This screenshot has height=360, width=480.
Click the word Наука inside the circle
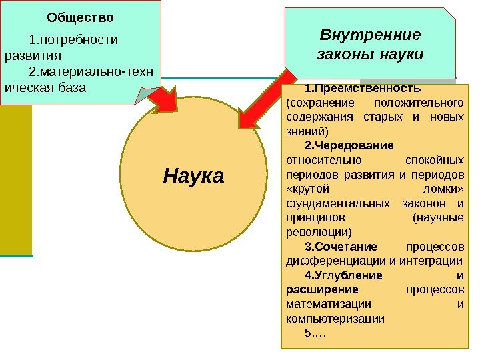point(194,177)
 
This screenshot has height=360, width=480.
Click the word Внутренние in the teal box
point(371,34)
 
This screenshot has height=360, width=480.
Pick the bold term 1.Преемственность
point(362,89)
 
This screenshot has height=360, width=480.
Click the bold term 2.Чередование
point(349,145)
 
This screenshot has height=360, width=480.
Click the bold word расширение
point(322,289)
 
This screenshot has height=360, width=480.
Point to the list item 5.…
point(315,333)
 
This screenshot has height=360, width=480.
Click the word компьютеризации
point(335,319)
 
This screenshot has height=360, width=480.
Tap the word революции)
point(318,233)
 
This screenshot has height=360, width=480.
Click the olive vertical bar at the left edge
point(15,180)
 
